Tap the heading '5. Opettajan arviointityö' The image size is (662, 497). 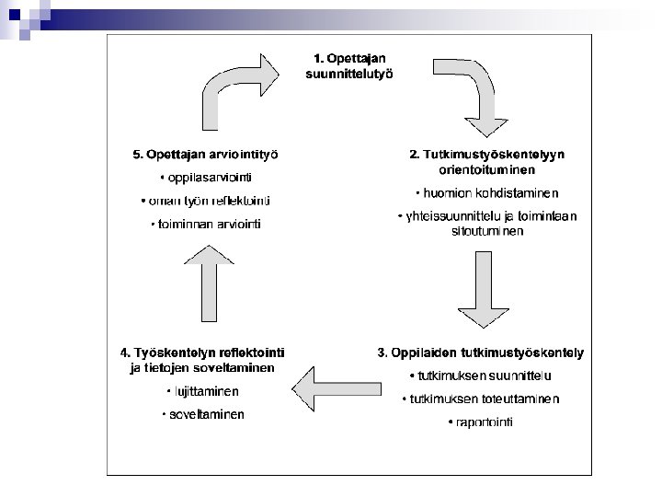(x=206, y=154)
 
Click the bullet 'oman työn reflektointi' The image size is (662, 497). (x=206, y=201)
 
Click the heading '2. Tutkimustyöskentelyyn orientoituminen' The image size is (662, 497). (x=486, y=161)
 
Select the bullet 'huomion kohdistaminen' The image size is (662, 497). (x=486, y=193)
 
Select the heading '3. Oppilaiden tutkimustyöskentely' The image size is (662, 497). (x=481, y=353)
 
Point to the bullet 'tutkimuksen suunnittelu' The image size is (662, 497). (x=481, y=376)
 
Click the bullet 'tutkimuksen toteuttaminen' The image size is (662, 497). (x=481, y=399)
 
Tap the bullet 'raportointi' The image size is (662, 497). (x=481, y=422)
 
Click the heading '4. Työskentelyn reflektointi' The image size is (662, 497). (x=202, y=353)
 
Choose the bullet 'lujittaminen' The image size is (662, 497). (x=202, y=391)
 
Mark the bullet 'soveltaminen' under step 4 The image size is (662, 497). (x=202, y=415)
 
